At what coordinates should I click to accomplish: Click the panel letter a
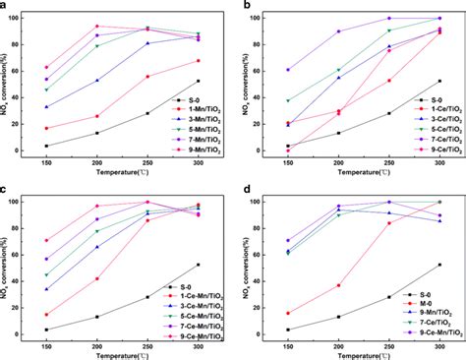click(6, 7)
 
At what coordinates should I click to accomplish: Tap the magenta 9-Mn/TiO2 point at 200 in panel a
click(96, 27)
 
